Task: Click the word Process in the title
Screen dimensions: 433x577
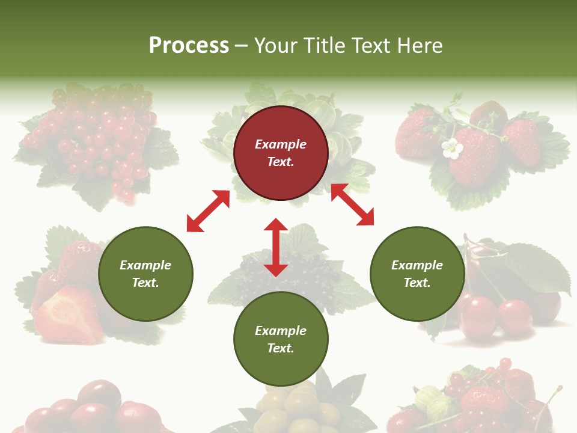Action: (189, 46)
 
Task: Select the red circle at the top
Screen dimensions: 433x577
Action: (281, 153)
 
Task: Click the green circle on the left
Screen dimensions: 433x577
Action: (145, 274)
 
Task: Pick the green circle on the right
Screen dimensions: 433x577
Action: (417, 274)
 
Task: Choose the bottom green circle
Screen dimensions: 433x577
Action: (281, 339)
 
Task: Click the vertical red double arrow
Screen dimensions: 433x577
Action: (276, 247)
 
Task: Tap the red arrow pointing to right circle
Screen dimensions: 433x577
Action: (352, 204)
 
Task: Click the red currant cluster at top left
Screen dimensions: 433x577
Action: (96, 138)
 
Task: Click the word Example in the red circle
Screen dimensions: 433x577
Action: (281, 144)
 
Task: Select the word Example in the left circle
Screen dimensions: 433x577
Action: (145, 265)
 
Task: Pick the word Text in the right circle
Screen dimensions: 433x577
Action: (417, 283)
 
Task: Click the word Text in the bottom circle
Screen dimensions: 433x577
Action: (281, 348)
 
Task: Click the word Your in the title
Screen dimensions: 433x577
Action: (275, 46)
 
